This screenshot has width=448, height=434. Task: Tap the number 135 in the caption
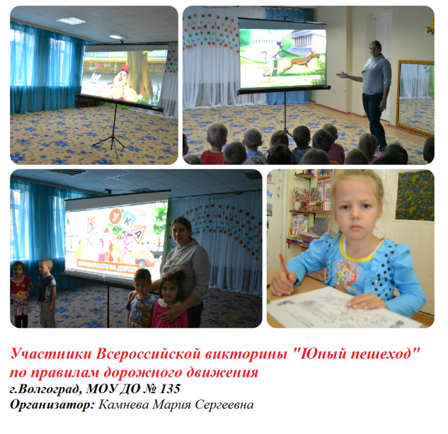[170, 389]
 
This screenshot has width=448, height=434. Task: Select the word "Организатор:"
[52, 405]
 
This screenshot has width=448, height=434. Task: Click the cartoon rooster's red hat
[125, 69]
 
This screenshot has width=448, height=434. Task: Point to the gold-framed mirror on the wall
[415, 97]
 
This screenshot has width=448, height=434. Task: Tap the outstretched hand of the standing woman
[343, 75]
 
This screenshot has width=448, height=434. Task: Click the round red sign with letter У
[115, 217]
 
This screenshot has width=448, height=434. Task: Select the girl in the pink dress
[170, 299]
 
